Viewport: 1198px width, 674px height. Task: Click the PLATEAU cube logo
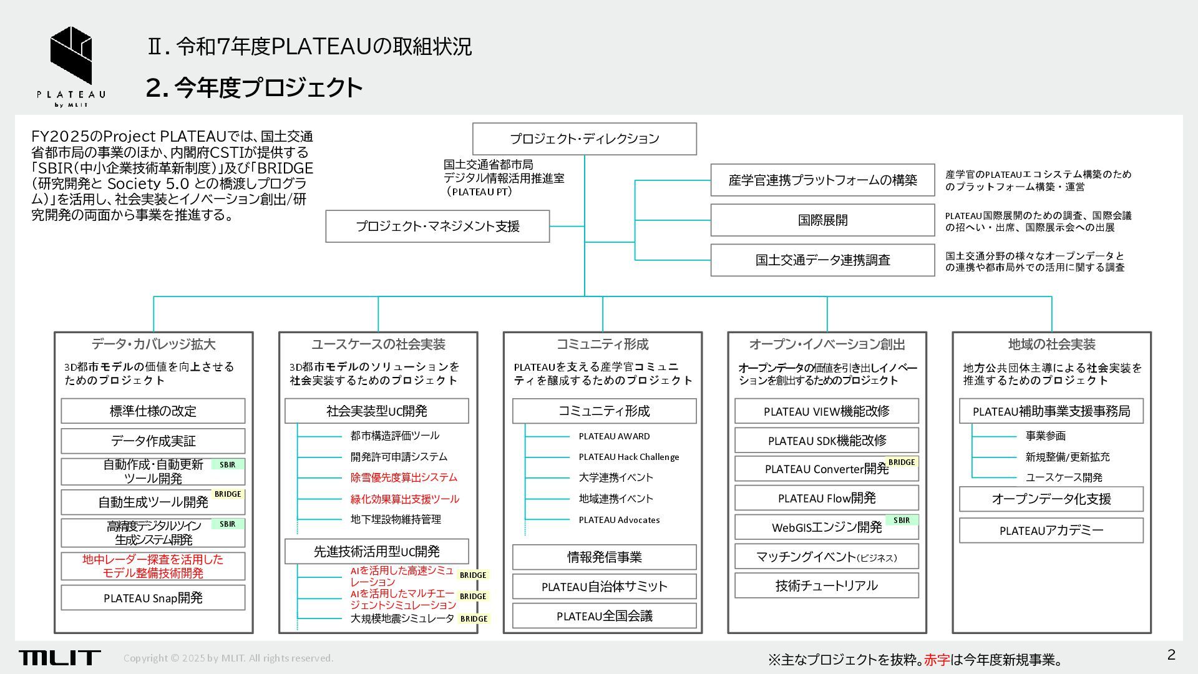[x=71, y=56]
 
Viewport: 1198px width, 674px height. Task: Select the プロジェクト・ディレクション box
[x=584, y=139]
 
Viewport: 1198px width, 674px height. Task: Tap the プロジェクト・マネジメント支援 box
[x=437, y=226]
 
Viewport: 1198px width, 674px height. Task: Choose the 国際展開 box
[x=822, y=220]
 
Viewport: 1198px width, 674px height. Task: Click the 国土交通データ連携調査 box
[x=822, y=260]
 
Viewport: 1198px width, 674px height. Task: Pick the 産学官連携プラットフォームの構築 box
[x=822, y=180]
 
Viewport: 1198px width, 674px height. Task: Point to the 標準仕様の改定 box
[x=153, y=411]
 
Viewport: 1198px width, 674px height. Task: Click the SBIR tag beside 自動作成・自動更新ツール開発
[x=228, y=464]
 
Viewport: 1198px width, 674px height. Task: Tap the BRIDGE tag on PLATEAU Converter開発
[x=902, y=462]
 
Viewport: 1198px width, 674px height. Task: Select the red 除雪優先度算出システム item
[x=404, y=477]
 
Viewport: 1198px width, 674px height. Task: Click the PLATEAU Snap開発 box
[x=153, y=598]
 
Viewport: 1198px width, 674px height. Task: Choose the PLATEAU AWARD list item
[x=614, y=436]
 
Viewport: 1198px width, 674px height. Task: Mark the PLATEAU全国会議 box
[x=604, y=616]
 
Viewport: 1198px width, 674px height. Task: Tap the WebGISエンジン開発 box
[x=826, y=527]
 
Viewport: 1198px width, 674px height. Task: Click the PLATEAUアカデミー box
[x=1051, y=530]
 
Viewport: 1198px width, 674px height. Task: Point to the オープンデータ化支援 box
[x=1051, y=499]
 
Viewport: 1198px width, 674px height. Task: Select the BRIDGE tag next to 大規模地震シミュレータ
[x=474, y=619]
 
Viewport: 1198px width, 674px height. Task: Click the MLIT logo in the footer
[x=59, y=657]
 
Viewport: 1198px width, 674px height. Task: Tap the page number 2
[x=1171, y=655]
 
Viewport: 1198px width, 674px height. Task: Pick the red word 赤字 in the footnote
[x=937, y=660]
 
